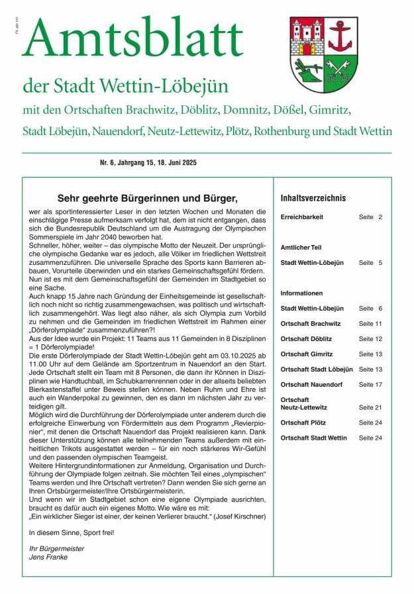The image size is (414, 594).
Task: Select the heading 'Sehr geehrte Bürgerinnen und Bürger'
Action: pos(147,198)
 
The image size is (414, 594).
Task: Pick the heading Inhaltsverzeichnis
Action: pos(313,198)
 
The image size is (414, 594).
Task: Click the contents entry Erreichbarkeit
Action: pos(302,217)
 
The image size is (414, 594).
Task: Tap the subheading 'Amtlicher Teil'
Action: pos(301,247)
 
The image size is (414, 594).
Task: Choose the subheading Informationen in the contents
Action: pos(301,293)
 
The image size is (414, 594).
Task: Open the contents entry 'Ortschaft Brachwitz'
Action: pos(311,323)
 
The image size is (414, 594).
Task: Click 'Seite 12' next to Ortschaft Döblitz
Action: pos(370,338)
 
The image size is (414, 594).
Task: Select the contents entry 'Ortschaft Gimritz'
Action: pos(307,354)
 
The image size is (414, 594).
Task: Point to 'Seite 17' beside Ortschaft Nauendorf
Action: pos(370,385)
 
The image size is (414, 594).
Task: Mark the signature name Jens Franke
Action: pos(48,557)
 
